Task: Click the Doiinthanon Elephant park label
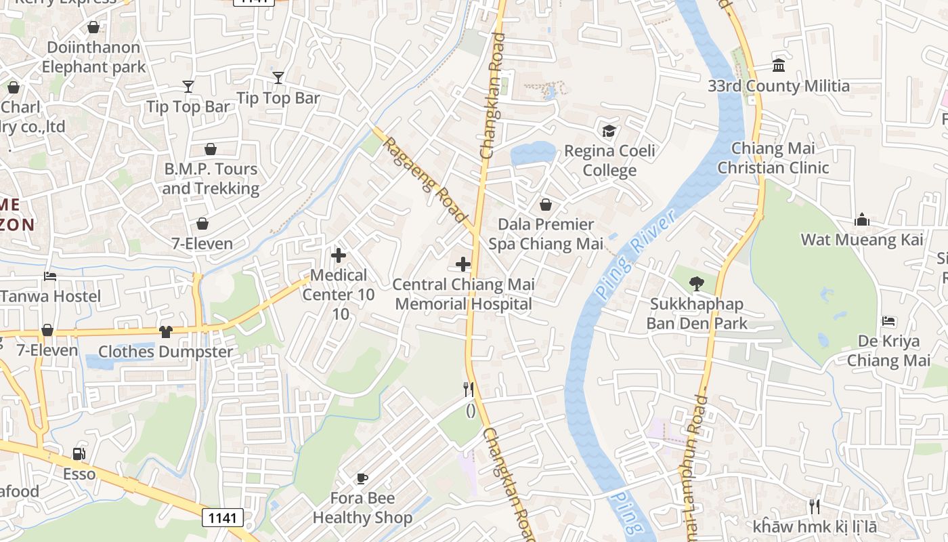click(x=93, y=57)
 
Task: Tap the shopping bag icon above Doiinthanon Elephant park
click(x=93, y=27)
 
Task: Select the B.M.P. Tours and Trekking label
click(x=211, y=178)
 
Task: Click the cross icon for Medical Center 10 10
click(x=339, y=255)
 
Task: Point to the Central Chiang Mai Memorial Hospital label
click(x=463, y=294)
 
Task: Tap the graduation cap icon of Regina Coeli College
click(x=609, y=131)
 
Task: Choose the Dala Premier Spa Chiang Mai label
click(x=546, y=234)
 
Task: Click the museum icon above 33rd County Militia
click(x=779, y=66)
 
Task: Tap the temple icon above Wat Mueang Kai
click(x=862, y=220)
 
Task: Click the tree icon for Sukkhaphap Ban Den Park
click(x=696, y=284)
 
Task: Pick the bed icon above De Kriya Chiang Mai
click(x=889, y=321)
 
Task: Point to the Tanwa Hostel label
click(x=51, y=296)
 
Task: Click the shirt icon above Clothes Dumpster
click(x=165, y=331)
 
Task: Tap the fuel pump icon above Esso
click(x=79, y=453)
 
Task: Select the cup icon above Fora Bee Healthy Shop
click(x=362, y=478)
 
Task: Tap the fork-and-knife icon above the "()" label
click(x=468, y=389)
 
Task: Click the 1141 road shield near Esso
click(x=222, y=518)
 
